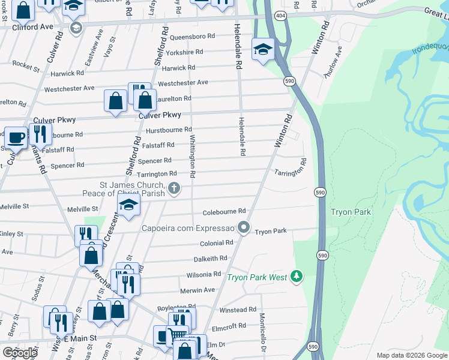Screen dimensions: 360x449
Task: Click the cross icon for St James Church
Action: click(x=174, y=189)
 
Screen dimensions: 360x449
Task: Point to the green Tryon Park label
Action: click(x=351, y=212)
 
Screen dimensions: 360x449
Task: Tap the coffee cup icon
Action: click(x=15, y=137)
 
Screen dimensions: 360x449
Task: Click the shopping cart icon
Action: click(x=178, y=335)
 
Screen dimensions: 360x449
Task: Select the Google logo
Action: click(x=19, y=353)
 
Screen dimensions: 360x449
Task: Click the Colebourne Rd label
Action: click(x=224, y=211)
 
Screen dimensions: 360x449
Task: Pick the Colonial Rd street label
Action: click(x=216, y=243)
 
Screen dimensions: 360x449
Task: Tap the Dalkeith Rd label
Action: click(x=210, y=258)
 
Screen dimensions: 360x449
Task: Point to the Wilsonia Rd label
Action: click(x=203, y=274)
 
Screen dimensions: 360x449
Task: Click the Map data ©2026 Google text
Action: click(x=411, y=355)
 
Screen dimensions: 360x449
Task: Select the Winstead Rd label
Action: click(x=238, y=310)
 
